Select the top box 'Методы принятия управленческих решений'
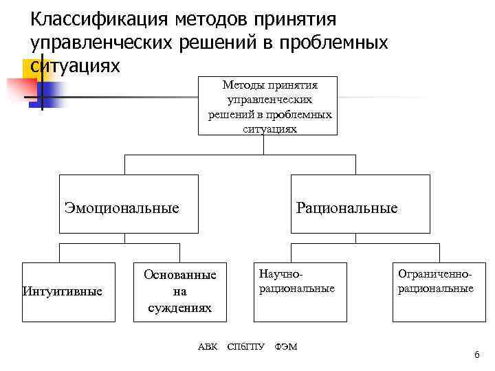click(270, 106)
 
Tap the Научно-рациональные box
click(296, 292)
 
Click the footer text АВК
click(207, 346)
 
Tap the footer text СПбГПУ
click(245, 346)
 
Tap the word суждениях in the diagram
click(179, 308)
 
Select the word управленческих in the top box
click(270, 100)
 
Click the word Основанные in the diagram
click(179, 275)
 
